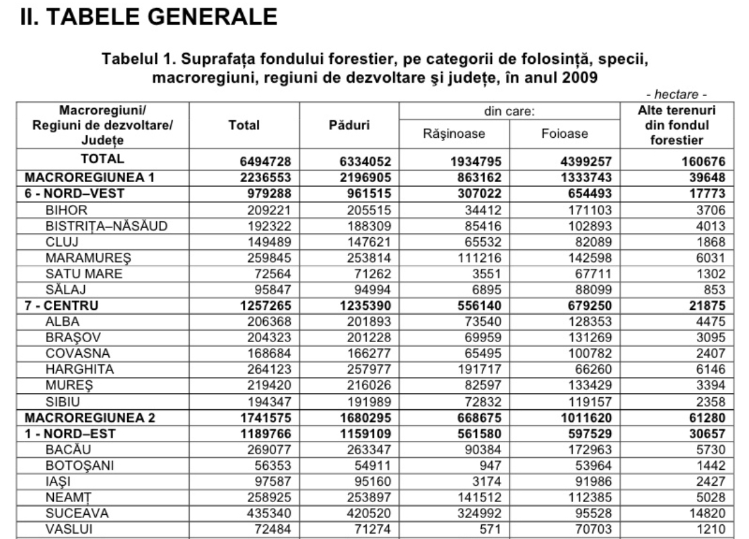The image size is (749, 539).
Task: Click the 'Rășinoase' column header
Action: (454, 134)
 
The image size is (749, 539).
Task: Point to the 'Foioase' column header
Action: (565, 134)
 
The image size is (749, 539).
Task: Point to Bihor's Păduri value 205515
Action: (364, 210)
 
